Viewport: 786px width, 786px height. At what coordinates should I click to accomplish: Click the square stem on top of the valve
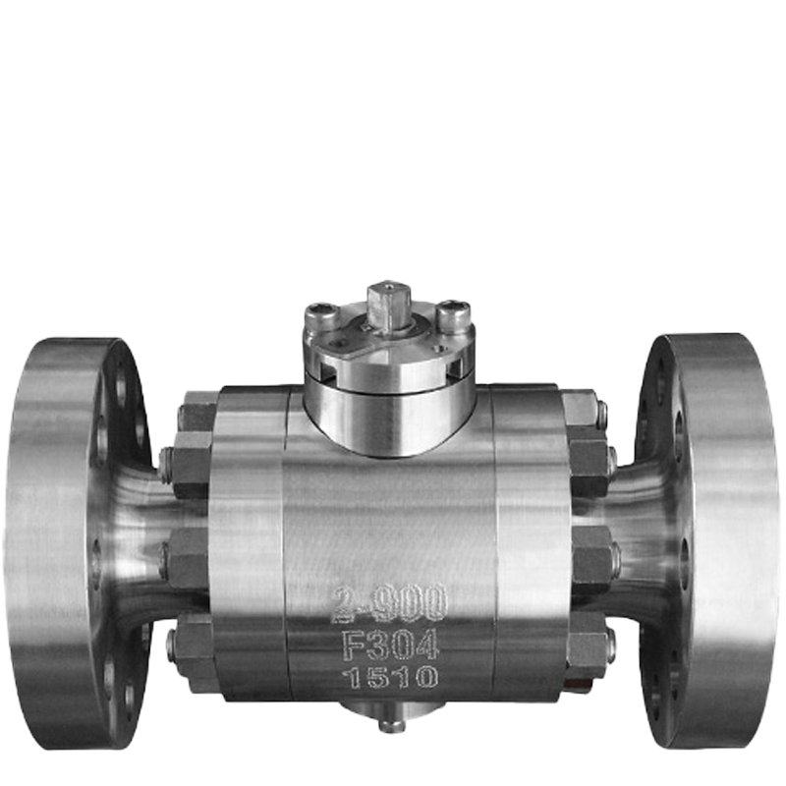(x=389, y=306)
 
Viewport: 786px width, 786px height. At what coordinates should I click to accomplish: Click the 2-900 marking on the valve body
(x=389, y=602)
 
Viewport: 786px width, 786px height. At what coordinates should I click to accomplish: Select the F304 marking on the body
(x=390, y=645)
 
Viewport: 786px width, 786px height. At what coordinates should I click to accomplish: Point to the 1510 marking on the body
(x=389, y=678)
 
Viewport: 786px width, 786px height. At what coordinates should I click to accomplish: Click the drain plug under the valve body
(x=390, y=725)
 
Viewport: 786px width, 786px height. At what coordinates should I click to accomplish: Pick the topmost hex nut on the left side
(x=198, y=411)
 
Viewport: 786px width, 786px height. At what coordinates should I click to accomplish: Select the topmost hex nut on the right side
(x=582, y=409)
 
